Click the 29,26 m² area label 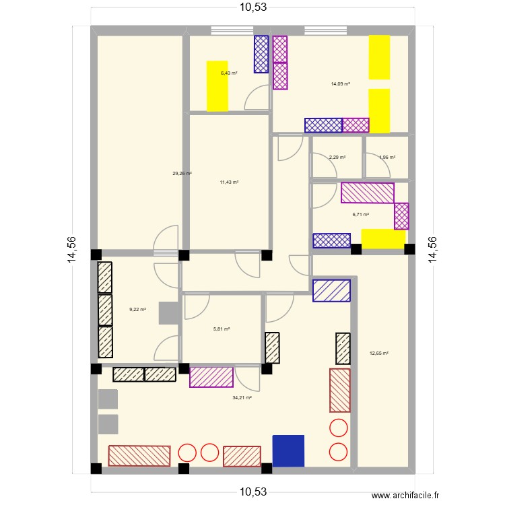tap(182, 174)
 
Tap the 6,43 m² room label tap(229, 73)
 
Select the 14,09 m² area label tap(340, 84)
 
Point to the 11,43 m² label tap(230, 182)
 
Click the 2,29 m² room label tap(337, 158)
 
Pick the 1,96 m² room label tap(387, 158)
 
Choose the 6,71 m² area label tap(361, 215)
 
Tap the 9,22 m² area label tap(137, 310)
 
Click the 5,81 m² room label tap(222, 329)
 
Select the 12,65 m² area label tap(379, 353)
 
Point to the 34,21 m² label tap(242, 398)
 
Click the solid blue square tap(288, 450)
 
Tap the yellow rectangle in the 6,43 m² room tap(217, 86)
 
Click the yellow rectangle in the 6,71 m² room tap(383, 238)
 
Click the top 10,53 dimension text tap(252, 8)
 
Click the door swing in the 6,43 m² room tap(257, 98)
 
